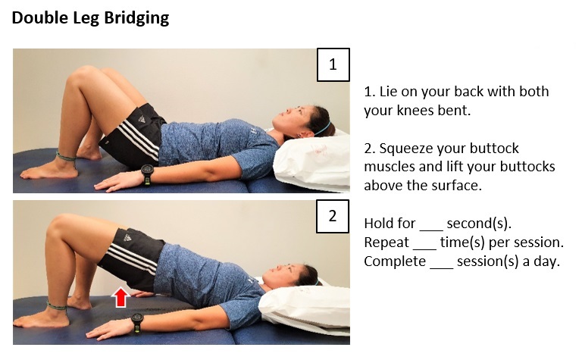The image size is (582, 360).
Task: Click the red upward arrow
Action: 120,297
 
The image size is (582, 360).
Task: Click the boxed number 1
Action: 332,64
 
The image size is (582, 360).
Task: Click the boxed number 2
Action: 332,216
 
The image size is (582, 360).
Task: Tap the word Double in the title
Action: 37,17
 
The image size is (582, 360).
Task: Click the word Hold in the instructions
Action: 378,224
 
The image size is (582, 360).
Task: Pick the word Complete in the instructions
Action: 394,261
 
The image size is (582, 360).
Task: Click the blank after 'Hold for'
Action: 430,225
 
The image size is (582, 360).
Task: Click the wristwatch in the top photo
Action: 147,176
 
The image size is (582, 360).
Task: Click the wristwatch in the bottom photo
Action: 136,324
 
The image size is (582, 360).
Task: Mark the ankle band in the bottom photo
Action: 58,306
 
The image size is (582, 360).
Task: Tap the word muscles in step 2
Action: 391,167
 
